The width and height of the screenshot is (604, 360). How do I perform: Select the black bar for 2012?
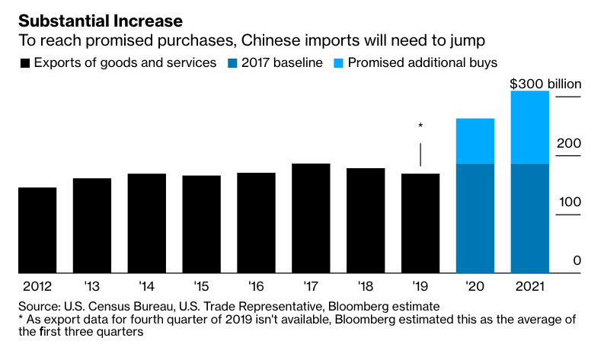pyautogui.click(x=37, y=230)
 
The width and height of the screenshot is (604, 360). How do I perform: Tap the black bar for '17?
pyautogui.click(x=311, y=218)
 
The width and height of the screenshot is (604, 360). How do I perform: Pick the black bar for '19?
pyautogui.click(x=420, y=223)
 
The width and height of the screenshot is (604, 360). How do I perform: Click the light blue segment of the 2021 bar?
pyautogui.click(x=529, y=127)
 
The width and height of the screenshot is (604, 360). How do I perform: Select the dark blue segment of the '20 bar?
pyautogui.click(x=475, y=218)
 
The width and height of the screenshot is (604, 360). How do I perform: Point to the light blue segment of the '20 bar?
pyautogui.click(x=475, y=141)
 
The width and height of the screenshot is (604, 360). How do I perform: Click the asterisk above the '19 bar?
pyautogui.click(x=420, y=126)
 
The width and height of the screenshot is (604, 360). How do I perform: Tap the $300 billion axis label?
pyautogui.click(x=545, y=84)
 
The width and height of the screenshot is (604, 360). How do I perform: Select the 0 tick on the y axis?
pyautogui.click(x=577, y=260)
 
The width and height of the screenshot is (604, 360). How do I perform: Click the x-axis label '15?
pyautogui.click(x=201, y=287)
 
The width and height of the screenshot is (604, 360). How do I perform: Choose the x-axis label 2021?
pyautogui.click(x=529, y=287)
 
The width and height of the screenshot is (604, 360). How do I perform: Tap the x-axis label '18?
pyautogui.click(x=366, y=287)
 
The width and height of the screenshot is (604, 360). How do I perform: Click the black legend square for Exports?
pyautogui.click(x=25, y=62)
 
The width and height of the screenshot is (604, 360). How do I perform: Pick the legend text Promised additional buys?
pyautogui.click(x=423, y=62)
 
